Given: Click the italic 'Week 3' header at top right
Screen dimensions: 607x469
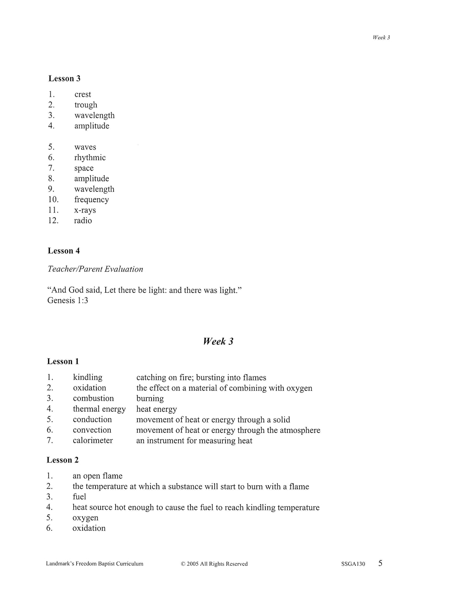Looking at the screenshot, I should click(x=381, y=38).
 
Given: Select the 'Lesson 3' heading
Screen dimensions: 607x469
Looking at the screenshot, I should click(x=64, y=79).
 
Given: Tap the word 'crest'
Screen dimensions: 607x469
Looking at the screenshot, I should click(x=83, y=94).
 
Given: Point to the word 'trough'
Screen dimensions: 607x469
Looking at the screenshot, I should click(x=86, y=105).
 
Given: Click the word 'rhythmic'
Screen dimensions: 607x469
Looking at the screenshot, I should click(x=90, y=158).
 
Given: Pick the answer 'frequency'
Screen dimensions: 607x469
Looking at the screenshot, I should click(x=92, y=200).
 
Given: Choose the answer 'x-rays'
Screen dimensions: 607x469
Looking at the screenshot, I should click(x=85, y=210).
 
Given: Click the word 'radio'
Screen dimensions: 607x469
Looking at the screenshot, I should click(x=83, y=221).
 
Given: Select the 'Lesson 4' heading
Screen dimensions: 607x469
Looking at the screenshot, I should click(x=64, y=251).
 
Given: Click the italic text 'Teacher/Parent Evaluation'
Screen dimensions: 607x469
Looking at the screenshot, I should click(x=95, y=269).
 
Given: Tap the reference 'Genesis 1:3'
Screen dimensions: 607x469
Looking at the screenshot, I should click(x=68, y=301).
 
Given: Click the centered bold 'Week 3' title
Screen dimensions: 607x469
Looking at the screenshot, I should click(x=218, y=341).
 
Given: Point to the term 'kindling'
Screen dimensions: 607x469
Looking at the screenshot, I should click(x=88, y=378).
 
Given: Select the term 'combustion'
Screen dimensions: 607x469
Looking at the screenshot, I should click(x=93, y=398).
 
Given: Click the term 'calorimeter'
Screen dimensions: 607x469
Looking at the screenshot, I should click(x=93, y=440).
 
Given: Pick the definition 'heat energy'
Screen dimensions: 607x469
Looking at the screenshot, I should click(x=156, y=409).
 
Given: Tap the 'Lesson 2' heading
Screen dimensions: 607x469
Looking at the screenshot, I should click(x=63, y=460).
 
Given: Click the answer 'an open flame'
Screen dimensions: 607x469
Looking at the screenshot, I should click(x=97, y=476).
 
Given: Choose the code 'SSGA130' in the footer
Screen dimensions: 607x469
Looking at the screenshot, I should click(x=353, y=564).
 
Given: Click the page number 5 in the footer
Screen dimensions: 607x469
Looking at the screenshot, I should click(x=380, y=563).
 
